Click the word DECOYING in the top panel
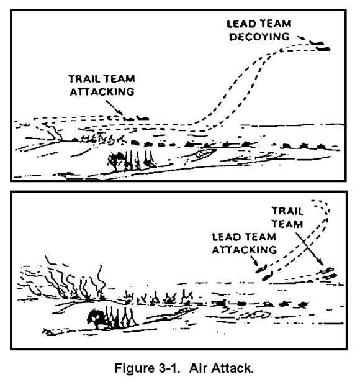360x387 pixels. (259, 37)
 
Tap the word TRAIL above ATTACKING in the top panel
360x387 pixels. (83, 79)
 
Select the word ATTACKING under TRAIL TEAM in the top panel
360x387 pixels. (102, 92)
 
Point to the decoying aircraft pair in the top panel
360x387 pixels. (320, 46)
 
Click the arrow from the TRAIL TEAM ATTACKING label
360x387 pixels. (114, 107)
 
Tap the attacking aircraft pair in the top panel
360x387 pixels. (136, 119)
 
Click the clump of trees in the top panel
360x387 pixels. (132, 161)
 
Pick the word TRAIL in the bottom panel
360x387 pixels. (287, 211)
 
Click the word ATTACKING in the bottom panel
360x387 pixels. (244, 250)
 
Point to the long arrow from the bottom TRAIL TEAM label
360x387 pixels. (310, 248)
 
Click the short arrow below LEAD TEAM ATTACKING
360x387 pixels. (254, 261)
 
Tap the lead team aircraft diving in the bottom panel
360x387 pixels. (264, 272)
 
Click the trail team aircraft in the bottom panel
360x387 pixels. (328, 273)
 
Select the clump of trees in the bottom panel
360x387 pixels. (111, 318)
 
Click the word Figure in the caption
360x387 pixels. (134, 369)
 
